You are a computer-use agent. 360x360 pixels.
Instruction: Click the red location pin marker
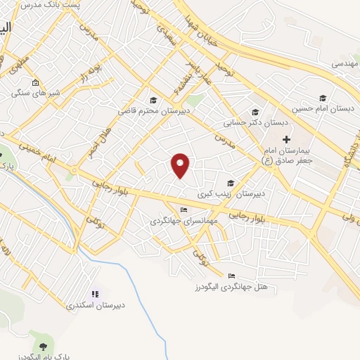click(x=181, y=165)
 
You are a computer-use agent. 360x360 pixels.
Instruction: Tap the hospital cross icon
click(x=286, y=139)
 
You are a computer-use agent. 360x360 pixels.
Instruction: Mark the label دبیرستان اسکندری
click(x=95, y=305)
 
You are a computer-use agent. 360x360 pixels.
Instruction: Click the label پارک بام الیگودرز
click(x=44, y=357)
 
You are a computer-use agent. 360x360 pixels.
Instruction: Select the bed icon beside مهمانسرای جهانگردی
click(x=184, y=210)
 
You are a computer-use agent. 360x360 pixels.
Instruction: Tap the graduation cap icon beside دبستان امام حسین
click(x=323, y=98)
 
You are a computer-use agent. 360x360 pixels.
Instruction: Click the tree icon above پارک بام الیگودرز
click(x=44, y=346)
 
